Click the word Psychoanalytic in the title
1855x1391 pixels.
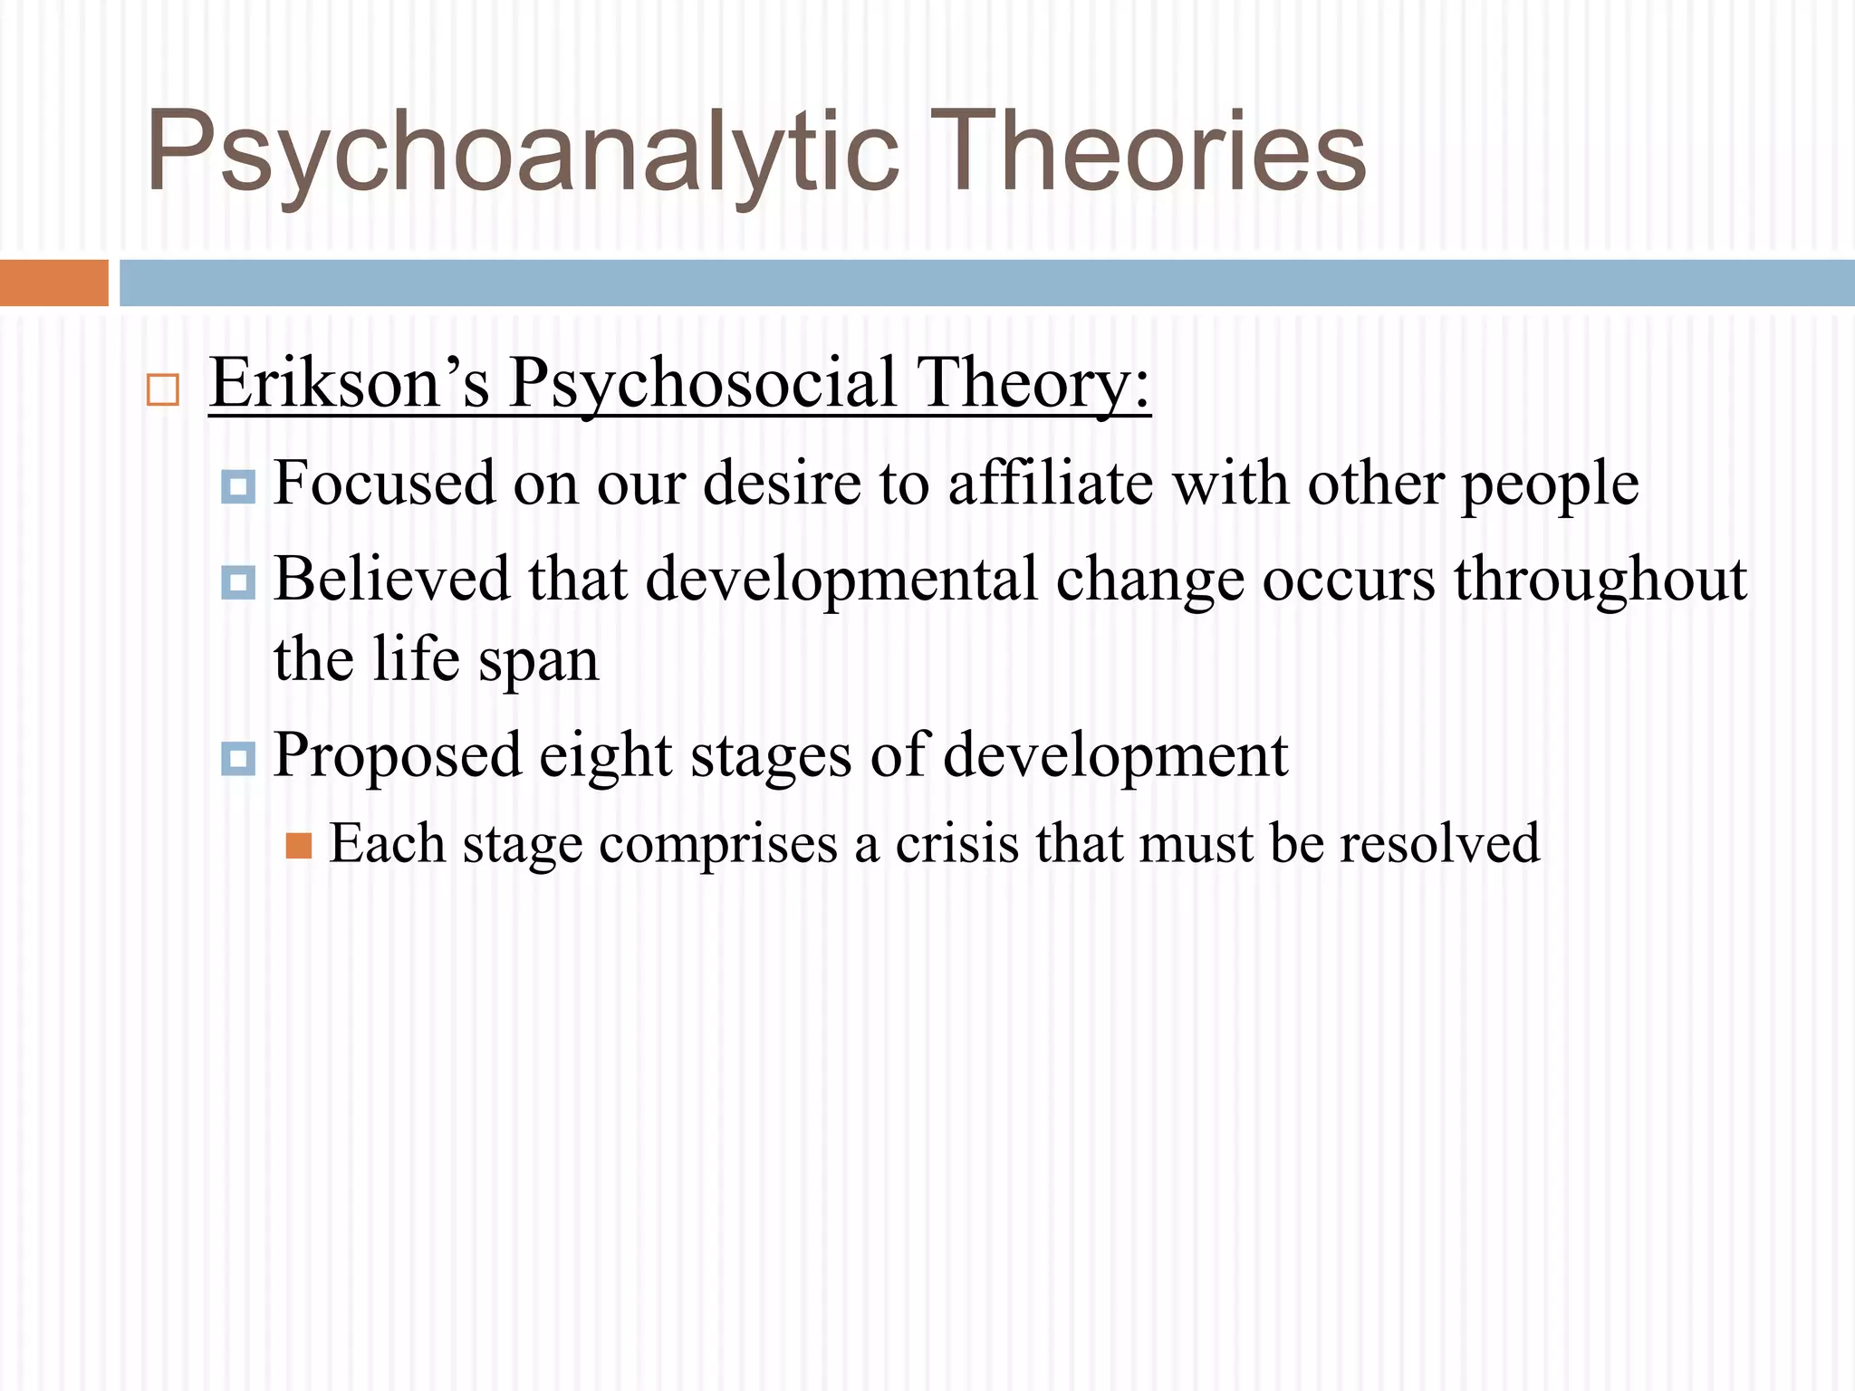[x=524, y=152]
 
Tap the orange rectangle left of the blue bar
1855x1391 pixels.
[x=53, y=283]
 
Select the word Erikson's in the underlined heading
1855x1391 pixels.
[x=350, y=383]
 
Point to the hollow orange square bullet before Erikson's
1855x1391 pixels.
[x=163, y=390]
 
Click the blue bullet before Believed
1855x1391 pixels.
[x=238, y=581]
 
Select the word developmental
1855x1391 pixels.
[x=841, y=580]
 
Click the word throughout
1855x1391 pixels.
[x=1600, y=580]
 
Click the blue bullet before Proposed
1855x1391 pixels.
[x=238, y=758]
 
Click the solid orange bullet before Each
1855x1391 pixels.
[x=299, y=847]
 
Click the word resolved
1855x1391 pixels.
[x=1439, y=844]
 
